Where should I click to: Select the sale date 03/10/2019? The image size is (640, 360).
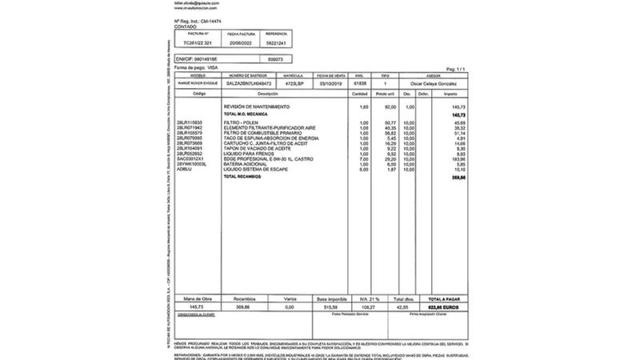pos(330,83)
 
